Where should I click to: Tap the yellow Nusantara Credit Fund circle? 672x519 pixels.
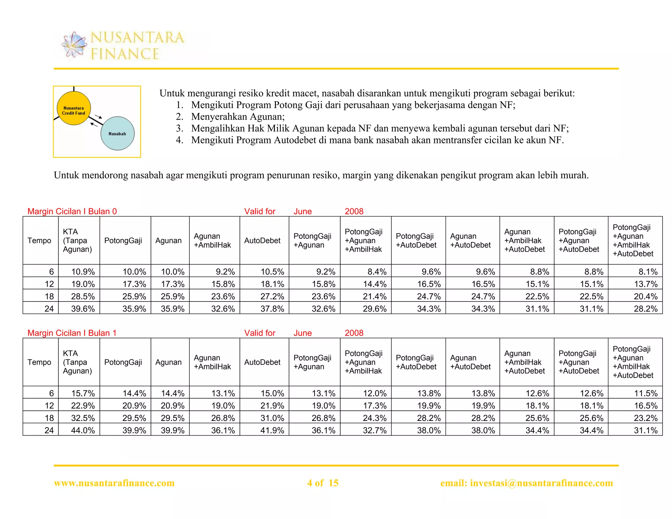click(x=73, y=108)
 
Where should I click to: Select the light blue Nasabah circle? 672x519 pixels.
click(x=117, y=134)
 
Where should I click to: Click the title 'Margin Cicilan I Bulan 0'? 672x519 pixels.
click(x=72, y=211)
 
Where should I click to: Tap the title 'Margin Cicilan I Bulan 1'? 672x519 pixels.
click(x=72, y=333)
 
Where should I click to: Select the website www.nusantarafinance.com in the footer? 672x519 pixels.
click(x=114, y=483)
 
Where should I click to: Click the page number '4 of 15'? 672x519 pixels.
click(x=323, y=483)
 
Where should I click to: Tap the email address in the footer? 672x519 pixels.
click(x=526, y=483)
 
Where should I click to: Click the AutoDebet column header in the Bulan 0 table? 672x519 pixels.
click(x=262, y=240)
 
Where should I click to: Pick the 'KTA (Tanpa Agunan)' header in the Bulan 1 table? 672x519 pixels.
click(x=77, y=362)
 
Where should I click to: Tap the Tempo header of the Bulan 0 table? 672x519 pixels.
click(x=39, y=240)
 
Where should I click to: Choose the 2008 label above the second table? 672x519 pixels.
click(x=354, y=333)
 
